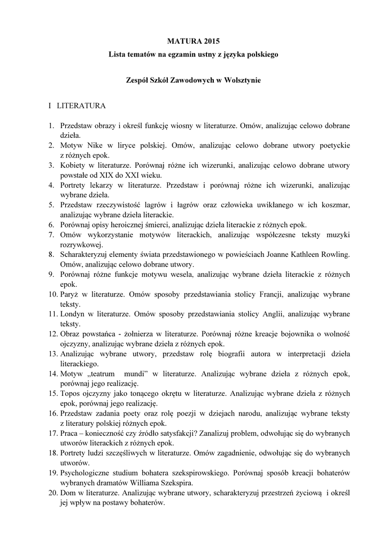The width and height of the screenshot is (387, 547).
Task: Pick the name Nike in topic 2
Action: coord(95,146)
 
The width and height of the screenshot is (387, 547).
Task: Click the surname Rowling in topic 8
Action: coord(334,254)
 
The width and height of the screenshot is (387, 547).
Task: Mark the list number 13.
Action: coord(52,353)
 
